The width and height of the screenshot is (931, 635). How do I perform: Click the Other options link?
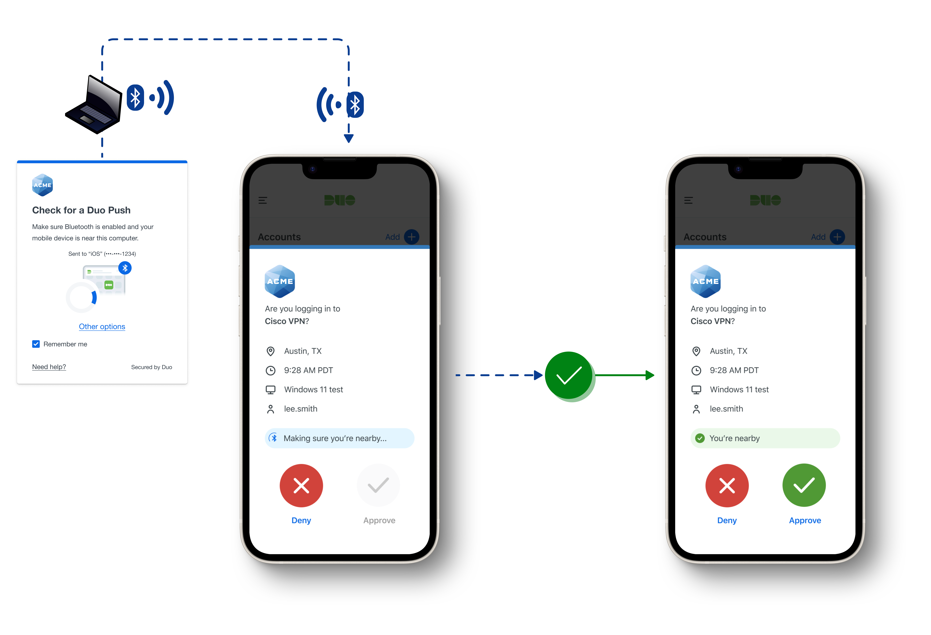(x=102, y=326)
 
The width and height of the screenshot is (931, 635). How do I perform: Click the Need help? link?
(x=49, y=367)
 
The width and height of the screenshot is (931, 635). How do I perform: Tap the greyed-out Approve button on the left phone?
(x=378, y=486)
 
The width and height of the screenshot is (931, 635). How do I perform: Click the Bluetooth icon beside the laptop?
(x=135, y=98)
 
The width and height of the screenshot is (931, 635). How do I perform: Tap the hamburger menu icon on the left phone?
(x=263, y=200)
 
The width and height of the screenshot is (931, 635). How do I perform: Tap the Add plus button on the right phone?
(x=837, y=237)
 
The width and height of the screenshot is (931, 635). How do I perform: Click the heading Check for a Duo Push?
(x=81, y=210)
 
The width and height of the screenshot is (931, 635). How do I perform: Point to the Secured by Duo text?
(x=151, y=367)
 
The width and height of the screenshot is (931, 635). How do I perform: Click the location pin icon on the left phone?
(x=270, y=351)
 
